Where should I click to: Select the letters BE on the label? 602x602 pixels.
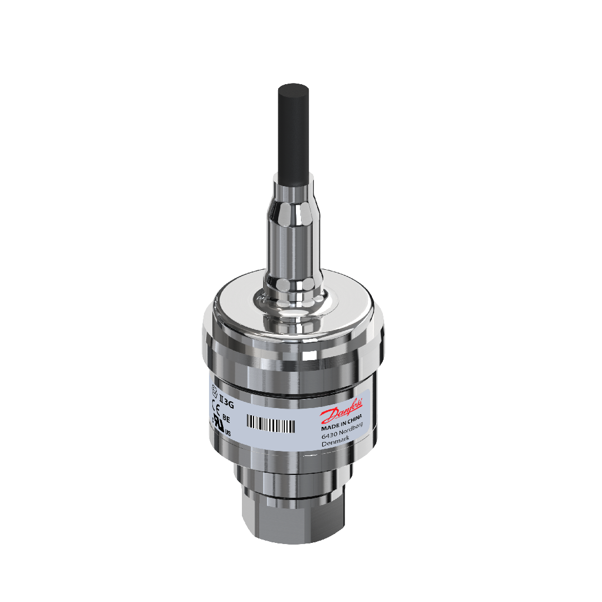(x=226, y=417)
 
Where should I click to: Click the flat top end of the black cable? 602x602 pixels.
(x=294, y=89)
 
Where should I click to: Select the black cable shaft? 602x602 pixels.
(x=294, y=134)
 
